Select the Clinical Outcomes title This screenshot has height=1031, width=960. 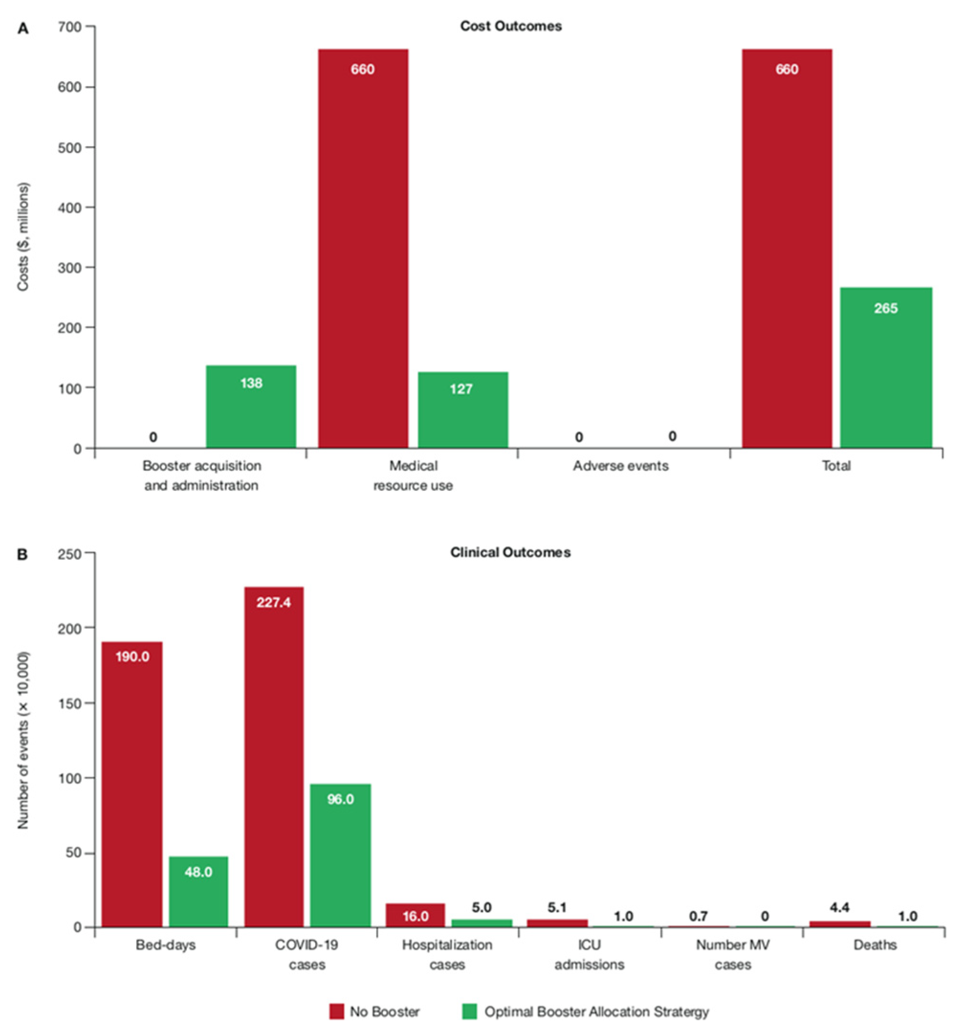point(510,553)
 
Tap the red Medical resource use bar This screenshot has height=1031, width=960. point(362,249)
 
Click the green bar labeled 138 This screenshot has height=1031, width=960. point(251,407)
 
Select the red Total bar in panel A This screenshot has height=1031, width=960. point(786,249)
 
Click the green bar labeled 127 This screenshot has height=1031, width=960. point(463,410)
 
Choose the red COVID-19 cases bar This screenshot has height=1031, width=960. point(274,757)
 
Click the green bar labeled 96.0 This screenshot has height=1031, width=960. point(340,856)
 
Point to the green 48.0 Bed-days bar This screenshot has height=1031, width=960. point(198,891)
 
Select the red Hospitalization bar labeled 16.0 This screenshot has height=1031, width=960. point(415,915)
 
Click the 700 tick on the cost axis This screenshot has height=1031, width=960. point(72,26)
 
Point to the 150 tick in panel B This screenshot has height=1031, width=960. point(72,703)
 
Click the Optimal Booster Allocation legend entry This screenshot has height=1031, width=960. point(585,1011)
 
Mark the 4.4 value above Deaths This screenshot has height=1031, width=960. point(839,908)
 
